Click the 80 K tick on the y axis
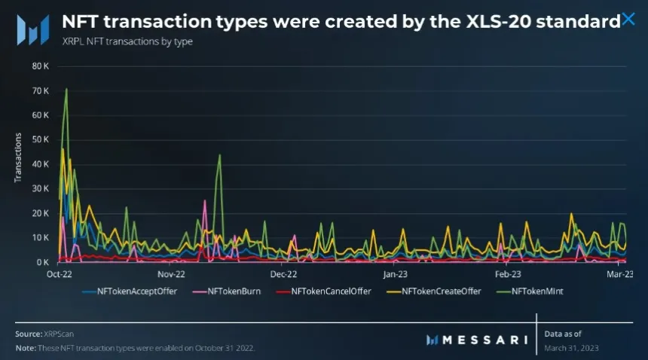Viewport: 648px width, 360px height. (x=40, y=66)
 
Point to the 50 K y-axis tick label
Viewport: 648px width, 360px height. (x=40, y=139)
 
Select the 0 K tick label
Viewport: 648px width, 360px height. (x=41, y=262)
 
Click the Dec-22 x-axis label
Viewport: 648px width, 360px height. (x=283, y=274)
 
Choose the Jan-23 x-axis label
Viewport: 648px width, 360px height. (x=395, y=274)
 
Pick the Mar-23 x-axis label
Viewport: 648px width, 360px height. (x=619, y=274)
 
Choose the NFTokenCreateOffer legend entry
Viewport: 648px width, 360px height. (x=441, y=291)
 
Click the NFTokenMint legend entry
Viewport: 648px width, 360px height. (x=537, y=291)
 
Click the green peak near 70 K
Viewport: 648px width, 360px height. (x=66, y=90)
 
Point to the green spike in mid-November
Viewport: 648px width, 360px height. (x=219, y=156)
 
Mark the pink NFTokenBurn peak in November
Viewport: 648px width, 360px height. (x=204, y=201)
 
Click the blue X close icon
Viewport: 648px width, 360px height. (x=628, y=20)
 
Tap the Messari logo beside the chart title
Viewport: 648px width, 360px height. (x=32, y=29)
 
